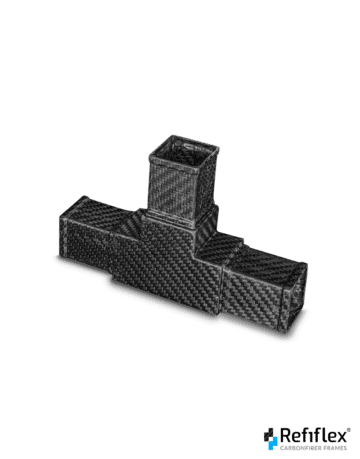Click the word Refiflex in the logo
tap(313, 435)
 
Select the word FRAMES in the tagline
tap(337, 448)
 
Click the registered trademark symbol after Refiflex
tap(349, 430)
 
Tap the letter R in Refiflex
tap(285, 435)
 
